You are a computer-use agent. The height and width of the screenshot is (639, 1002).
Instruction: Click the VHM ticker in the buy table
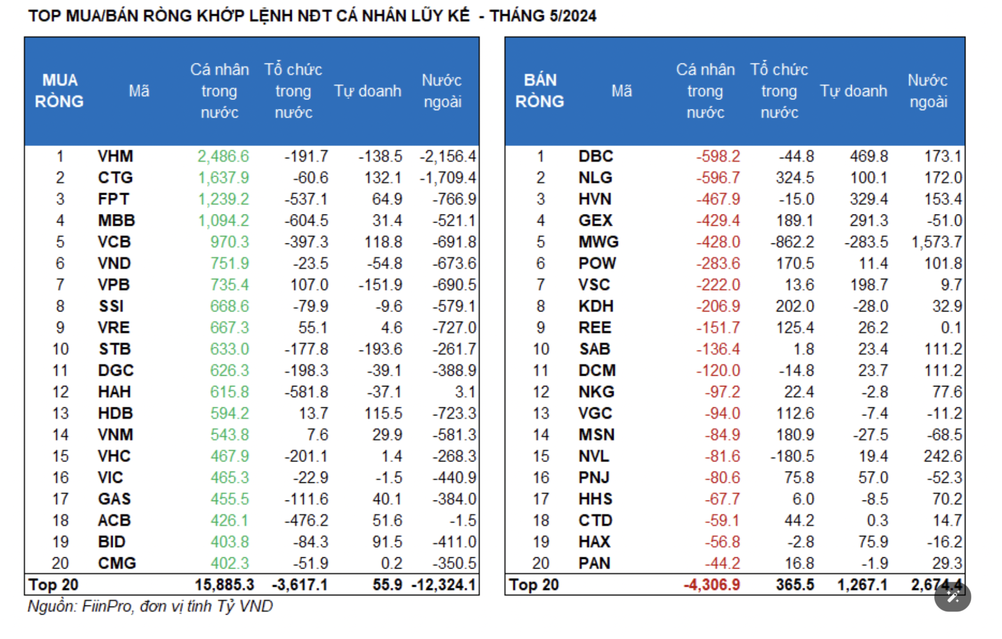point(115,156)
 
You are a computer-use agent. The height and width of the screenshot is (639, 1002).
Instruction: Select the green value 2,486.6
point(223,156)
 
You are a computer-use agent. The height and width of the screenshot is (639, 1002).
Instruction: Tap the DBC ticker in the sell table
point(595,156)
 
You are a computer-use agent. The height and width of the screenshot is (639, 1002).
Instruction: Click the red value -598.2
point(718,156)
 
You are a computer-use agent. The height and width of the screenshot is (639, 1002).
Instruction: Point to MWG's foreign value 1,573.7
point(936,242)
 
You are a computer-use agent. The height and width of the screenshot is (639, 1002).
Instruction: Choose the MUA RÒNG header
point(59,91)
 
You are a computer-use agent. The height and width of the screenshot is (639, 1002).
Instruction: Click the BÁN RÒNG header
point(540,91)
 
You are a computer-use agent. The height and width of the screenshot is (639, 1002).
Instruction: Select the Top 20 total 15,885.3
point(224,585)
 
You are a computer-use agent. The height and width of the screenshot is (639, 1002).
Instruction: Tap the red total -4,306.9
point(712,585)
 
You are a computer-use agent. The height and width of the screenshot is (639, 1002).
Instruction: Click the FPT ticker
point(114,199)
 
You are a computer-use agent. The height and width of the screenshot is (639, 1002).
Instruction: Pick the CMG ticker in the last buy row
point(117,563)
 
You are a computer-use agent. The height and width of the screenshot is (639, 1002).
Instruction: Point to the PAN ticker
point(594,563)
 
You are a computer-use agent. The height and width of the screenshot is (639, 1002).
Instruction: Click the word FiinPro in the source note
point(106,606)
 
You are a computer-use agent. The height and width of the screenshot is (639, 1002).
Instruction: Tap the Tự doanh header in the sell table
point(853,91)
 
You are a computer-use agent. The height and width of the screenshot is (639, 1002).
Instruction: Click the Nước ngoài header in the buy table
point(442,91)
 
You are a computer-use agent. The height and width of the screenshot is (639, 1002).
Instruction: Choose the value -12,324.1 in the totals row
point(444,585)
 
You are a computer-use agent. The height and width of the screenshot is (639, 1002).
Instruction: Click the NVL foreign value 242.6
point(942,456)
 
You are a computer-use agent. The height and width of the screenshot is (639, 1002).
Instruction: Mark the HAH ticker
point(114,392)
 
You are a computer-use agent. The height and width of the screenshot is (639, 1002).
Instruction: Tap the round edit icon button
point(952,597)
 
